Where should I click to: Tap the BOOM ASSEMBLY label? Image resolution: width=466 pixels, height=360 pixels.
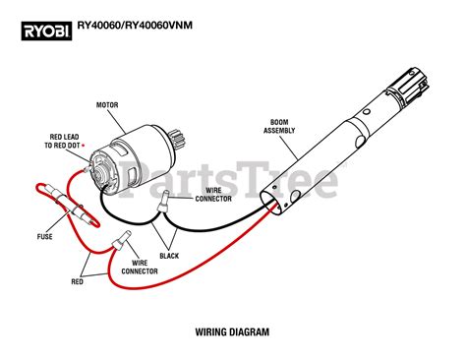click(281, 128)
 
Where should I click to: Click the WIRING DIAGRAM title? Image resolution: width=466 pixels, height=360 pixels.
click(232, 332)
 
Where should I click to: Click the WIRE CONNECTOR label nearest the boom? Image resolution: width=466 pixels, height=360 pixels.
click(218, 194)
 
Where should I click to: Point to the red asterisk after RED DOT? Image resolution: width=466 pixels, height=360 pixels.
click(93, 145)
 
